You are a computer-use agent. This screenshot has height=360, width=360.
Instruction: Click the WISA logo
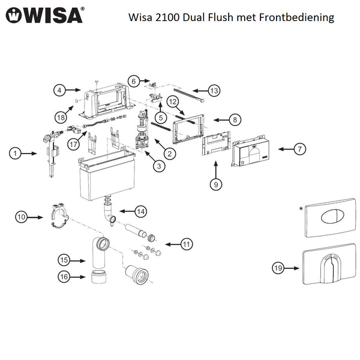pyautogui.click(x=45, y=14)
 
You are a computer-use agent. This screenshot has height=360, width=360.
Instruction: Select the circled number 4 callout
pyautogui.click(x=59, y=90)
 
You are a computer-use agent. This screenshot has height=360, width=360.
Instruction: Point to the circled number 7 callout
pyautogui.click(x=300, y=149)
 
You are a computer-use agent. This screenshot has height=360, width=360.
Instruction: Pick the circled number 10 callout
pyautogui.click(x=22, y=217)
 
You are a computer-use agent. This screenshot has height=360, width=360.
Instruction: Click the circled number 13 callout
pyautogui.click(x=214, y=91)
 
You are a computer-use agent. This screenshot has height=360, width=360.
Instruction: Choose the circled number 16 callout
pyautogui.click(x=64, y=276)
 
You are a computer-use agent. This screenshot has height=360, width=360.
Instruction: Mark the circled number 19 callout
pyautogui.click(x=278, y=268)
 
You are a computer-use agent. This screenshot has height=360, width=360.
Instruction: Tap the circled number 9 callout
pyautogui.click(x=216, y=185)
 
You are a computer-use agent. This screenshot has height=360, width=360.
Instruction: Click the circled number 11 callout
pyautogui.click(x=187, y=244)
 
